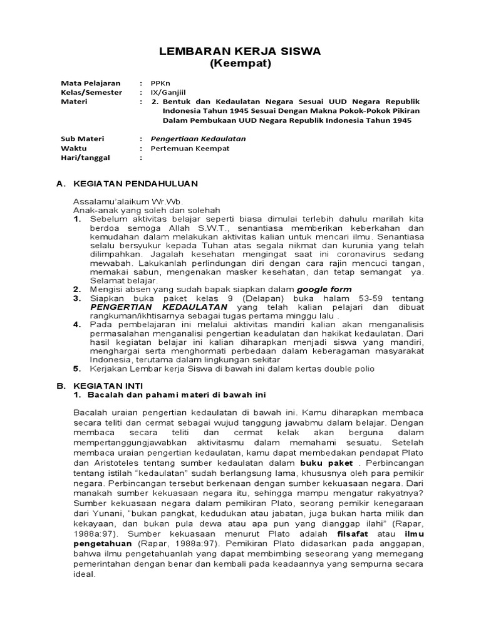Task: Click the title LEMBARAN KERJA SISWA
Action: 241,51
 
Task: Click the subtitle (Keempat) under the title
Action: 241,65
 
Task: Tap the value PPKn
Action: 160,83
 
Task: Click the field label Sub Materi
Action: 81,139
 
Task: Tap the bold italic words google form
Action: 324,290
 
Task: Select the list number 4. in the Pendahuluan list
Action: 77,325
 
